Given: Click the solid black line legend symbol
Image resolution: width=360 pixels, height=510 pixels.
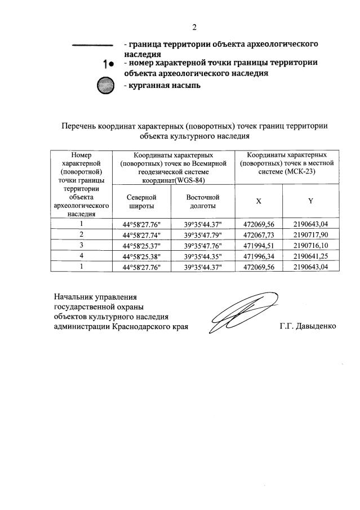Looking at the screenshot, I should [x=91, y=46].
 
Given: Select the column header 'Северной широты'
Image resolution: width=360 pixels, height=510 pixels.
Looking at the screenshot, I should [x=141, y=202].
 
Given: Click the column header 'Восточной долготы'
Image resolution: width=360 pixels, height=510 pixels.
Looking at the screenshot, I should [x=203, y=202].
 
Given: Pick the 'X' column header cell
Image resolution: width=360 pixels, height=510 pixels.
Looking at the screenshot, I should [x=259, y=201].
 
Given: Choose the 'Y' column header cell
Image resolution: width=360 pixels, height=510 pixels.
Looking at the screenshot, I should [x=310, y=201].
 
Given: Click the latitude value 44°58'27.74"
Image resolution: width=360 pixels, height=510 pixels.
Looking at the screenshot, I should [x=141, y=235].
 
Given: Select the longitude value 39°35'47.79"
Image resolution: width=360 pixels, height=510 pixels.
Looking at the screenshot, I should [x=203, y=235].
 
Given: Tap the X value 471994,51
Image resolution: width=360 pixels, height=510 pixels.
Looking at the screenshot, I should [x=259, y=246].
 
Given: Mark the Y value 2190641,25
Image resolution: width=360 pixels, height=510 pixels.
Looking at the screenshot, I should [x=310, y=256].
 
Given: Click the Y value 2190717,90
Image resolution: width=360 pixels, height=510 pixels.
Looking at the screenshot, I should [x=310, y=235].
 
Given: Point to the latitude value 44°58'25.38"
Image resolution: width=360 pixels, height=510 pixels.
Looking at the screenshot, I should [x=141, y=256].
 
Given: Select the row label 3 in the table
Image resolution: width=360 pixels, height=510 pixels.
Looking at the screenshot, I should [x=82, y=246].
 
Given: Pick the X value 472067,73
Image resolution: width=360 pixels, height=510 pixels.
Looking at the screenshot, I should [x=259, y=235].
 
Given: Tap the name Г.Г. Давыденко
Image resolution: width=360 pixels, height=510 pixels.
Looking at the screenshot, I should [x=307, y=327].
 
